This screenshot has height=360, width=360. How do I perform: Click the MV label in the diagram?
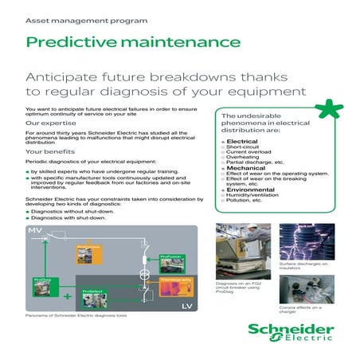click(35, 230)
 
